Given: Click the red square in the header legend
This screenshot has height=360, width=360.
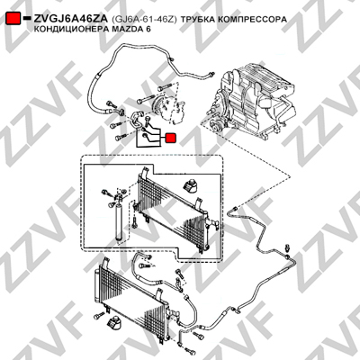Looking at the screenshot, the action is (13, 19).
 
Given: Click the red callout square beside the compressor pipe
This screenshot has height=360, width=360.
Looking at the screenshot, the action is (171, 138).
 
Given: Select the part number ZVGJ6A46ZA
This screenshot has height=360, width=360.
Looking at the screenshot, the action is (70, 19).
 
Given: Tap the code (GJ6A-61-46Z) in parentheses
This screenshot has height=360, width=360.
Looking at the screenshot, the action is (144, 19).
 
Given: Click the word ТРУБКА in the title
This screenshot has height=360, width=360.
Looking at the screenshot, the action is (197, 19).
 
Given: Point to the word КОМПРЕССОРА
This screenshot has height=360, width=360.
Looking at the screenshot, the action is (252, 19).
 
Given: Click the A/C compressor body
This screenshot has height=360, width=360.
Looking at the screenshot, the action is (168, 109).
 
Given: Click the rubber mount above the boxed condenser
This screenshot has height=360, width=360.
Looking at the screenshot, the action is (191, 186).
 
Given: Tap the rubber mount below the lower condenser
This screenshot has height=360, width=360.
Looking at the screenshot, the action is (113, 323).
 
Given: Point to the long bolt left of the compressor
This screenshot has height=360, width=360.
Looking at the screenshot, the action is (145, 100).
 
